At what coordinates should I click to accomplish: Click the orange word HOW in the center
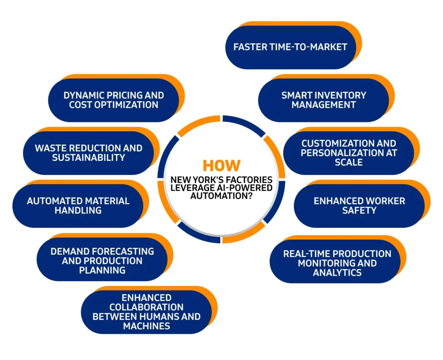[221, 166]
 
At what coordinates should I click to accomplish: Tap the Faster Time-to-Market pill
[290, 47]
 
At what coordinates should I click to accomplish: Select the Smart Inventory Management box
[324, 100]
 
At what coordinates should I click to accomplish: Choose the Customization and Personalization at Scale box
[349, 153]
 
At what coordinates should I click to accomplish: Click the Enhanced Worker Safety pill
[359, 206]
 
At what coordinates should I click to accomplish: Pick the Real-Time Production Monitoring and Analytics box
[337, 263]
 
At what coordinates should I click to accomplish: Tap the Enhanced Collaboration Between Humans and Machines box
[146, 312]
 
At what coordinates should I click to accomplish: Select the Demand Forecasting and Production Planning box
[102, 261]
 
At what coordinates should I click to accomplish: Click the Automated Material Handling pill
[78, 206]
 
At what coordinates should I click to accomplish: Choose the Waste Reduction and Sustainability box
[88, 153]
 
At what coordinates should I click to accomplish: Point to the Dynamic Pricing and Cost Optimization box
[113, 100]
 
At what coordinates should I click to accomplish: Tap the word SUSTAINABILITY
[89, 158]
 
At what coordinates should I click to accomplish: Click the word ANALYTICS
[337, 273]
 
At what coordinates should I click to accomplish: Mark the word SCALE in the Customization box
[349, 162]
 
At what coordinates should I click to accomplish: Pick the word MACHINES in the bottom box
[146, 326]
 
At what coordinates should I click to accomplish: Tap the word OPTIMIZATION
[114, 105]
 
